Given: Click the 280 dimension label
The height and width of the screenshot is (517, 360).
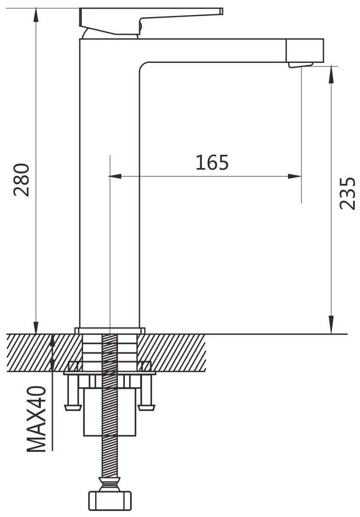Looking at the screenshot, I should click(x=22, y=180).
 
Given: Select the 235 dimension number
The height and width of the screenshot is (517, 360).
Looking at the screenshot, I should click(x=347, y=193).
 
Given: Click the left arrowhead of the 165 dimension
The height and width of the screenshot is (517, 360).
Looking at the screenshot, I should click(x=114, y=176).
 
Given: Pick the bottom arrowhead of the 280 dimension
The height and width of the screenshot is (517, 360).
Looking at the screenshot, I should click(x=36, y=327).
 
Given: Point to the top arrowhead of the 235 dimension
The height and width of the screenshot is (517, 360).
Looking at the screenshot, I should click(x=331, y=73).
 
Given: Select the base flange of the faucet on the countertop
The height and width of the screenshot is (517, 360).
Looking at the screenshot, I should click(x=110, y=330).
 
